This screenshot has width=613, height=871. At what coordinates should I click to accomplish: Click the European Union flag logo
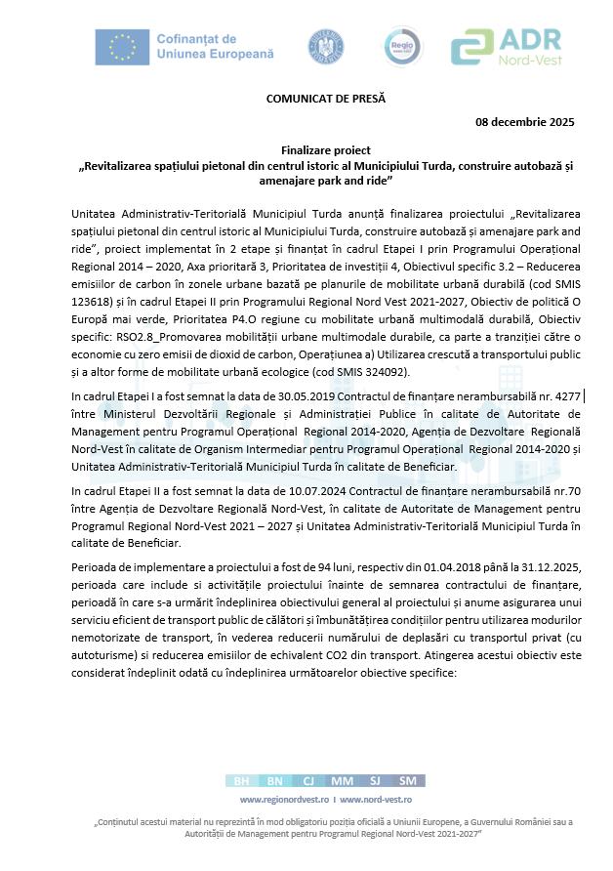[123, 46]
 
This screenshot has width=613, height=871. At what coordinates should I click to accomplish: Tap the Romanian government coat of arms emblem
[325, 47]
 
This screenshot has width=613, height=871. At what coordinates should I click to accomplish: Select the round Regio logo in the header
[399, 47]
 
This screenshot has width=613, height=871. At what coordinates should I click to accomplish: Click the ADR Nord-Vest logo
[506, 46]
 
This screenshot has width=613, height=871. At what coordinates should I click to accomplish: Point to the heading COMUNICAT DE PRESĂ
[326, 99]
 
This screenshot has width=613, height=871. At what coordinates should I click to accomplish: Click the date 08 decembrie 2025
[524, 122]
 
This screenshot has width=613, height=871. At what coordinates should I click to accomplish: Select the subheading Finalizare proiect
[325, 152]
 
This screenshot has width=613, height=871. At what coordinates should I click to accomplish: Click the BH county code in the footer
[241, 780]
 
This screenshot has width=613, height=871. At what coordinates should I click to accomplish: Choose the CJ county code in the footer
[307, 780]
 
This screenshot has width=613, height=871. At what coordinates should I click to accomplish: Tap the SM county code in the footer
[407, 780]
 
